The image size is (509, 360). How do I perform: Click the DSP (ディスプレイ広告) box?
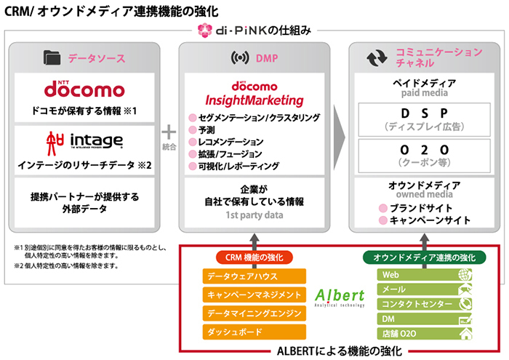click(424, 119)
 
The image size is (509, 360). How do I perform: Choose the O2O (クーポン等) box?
click(424, 155)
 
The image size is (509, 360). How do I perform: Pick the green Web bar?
click(425, 275)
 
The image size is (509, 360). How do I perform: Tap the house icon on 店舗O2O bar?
click(463, 334)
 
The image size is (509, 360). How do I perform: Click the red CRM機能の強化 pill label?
click(254, 257)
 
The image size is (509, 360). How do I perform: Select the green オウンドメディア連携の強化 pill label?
click(425, 257)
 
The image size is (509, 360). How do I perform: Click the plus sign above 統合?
click(169, 132)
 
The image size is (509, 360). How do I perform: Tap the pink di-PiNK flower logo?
click(204, 31)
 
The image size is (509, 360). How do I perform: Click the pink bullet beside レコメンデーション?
click(193, 142)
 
